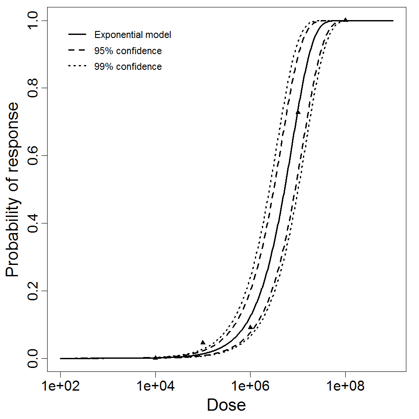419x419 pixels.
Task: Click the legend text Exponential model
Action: pyautogui.click(x=133, y=35)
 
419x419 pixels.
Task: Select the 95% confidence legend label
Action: pyautogui.click(x=127, y=51)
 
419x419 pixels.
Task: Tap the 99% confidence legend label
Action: pyautogui.click(x=127, y=67)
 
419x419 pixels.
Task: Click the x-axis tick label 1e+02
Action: pyautogui.click(x=60, y=386)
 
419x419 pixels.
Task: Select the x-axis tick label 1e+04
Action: pyautogui.click(x=155, y=386)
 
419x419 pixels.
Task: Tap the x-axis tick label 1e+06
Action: pyautogui.click(x=250, y=386)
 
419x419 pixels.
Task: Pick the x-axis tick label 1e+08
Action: pyautogui.click(x=345, y=386)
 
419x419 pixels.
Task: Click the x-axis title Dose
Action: pyautogui.click(x=226, y=405)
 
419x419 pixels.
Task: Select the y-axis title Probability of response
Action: pyautogui.click(x=13, y=189)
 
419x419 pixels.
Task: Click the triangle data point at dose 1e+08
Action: pyautogui.click(x=345, y=20)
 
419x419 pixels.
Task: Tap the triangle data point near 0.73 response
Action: pyautogui.click(x=298, y=112)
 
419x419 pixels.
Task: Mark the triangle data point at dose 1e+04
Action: pyautogui.click(x=155, y=357)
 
